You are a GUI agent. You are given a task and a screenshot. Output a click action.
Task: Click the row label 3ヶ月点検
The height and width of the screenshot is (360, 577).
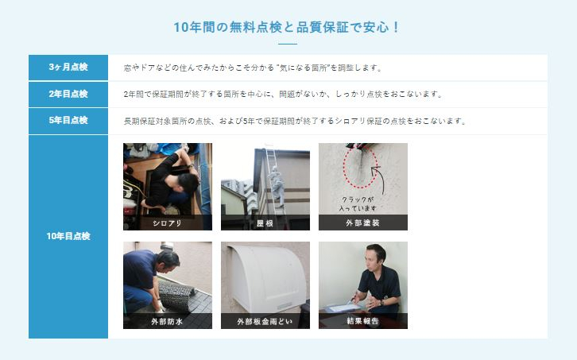(x=68, y=67)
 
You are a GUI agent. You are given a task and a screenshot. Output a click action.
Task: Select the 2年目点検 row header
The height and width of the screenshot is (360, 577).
(x=68, y=94)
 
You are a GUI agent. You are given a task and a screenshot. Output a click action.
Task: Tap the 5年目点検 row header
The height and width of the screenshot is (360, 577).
(x=68, y=120)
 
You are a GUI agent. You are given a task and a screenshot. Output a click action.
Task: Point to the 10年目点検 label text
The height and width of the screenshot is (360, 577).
(x=68, y=236)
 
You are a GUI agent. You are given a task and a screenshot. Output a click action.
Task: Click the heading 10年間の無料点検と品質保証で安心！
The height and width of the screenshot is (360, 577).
(x=286, y=27)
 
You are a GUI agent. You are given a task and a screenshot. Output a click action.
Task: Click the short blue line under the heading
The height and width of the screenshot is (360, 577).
(x=288, y=44)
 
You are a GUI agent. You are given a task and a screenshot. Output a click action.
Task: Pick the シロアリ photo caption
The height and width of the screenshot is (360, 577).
(x=168, y=223)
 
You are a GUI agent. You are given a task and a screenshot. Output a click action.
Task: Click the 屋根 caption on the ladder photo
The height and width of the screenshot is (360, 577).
(x=265, y=223)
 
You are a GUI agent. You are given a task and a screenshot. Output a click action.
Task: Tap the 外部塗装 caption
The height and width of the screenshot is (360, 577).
(x=363, y=223)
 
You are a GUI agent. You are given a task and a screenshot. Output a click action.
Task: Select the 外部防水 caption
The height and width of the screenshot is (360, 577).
(x=167, y=321)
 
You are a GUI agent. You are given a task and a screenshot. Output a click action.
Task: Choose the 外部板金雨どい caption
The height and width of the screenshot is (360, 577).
(x=265, y=321)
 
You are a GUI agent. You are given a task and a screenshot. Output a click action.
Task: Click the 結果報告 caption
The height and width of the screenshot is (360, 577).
(x=363, y=321)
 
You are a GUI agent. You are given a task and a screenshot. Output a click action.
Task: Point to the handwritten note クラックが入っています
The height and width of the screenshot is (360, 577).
(x=358, y=204)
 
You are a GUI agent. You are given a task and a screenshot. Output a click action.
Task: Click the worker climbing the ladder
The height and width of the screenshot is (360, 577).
(x=277, y=185)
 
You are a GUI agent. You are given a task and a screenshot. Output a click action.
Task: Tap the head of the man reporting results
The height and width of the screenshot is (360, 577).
(x=376, y=254)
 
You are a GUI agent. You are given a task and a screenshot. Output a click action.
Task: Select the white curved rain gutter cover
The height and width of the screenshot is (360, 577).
(x=267, y=278)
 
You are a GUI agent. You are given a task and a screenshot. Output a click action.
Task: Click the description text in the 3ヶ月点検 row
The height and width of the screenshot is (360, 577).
(x=254, y=68)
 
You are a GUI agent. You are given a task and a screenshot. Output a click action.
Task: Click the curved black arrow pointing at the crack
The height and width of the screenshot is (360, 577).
(x=382, y=179)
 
